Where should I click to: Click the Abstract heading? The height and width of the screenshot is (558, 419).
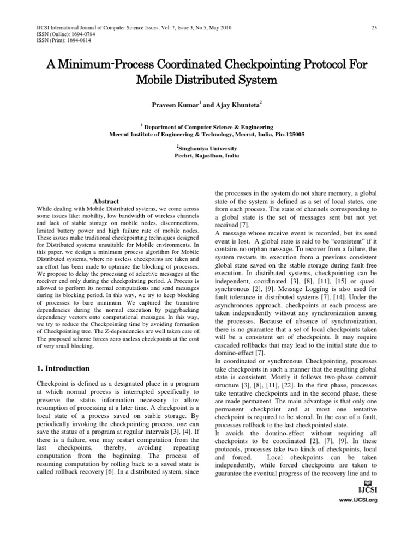click(x=106, y=201)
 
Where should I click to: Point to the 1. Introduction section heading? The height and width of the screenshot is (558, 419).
click(x=67, y=368)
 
